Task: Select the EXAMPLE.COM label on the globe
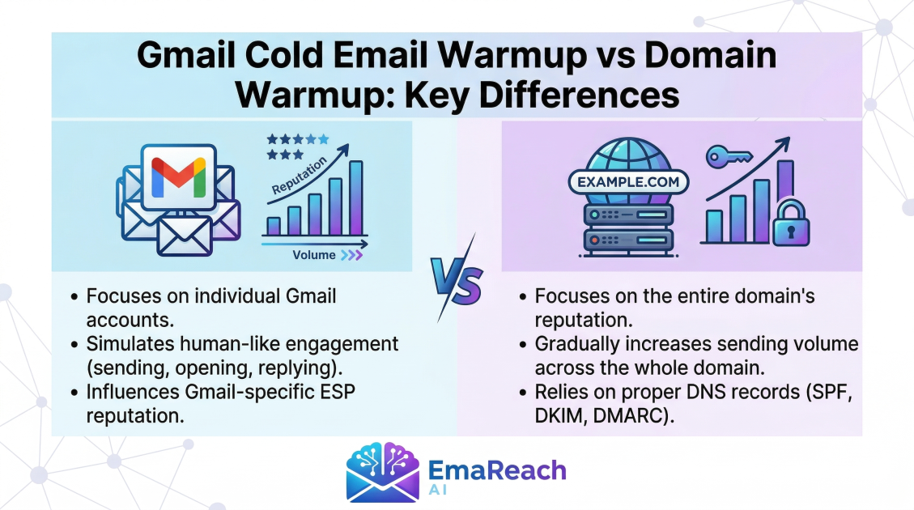point(628,182)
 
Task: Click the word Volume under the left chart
point(314,255)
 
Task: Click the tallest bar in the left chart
point(355,198)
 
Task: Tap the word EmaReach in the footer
point(495,470)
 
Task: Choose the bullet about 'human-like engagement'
point(242,354)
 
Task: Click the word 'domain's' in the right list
point(770,297)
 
